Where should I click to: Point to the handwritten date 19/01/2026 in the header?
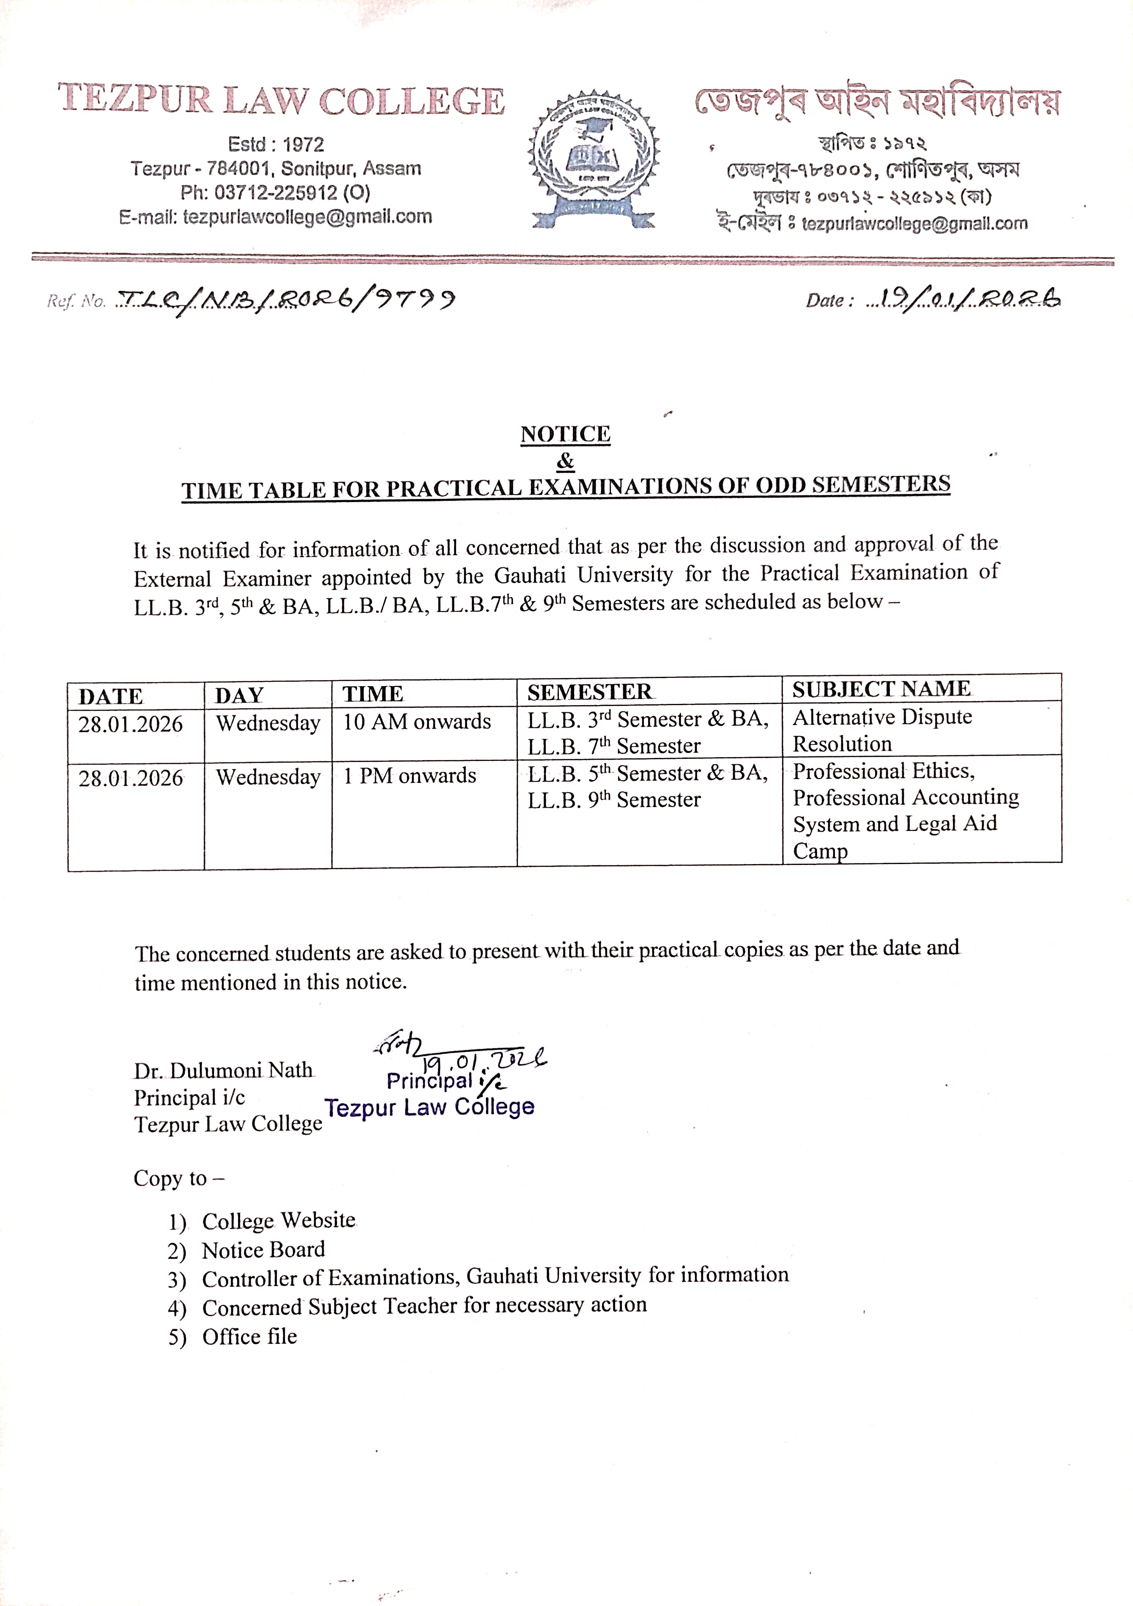[x=964, y=299]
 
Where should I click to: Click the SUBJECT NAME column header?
[x=881, y=689]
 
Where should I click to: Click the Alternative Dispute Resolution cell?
[x=883, y=730]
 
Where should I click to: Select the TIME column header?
[x=373, y=694]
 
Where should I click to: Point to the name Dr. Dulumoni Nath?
[x=223, y=1071]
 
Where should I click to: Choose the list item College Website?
[x=278, y=1220]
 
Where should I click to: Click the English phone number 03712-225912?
[x=275, y=192]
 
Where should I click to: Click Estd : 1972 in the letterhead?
[x=276, y=144]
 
